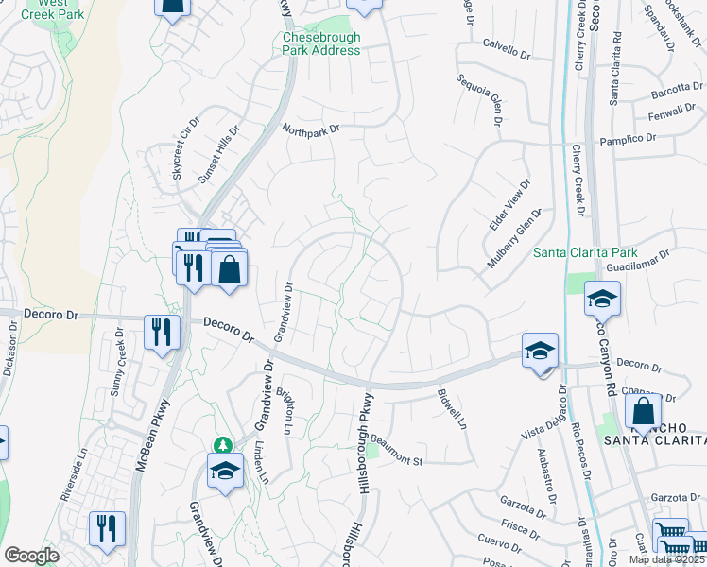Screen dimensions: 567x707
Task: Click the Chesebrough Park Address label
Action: [321, 43]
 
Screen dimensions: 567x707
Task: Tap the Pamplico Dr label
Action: [628, 140]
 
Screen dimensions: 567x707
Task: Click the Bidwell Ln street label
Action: [453, 408]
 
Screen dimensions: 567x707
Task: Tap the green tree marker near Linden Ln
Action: [224, 445]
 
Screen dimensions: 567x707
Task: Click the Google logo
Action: [32, 556]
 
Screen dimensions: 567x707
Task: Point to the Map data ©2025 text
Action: [665, 559]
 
